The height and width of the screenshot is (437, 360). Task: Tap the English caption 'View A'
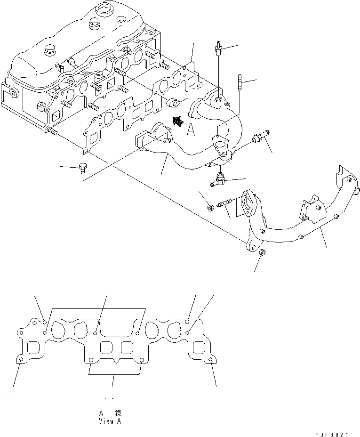pos(110,421)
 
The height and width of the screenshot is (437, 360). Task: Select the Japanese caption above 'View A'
pos(110,413)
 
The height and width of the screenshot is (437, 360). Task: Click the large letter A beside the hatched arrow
pos(191,130)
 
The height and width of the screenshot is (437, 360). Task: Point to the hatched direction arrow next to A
pos(178,121)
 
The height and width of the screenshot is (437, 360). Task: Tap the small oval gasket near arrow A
pos(175,102)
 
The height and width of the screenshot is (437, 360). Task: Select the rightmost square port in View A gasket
pos(198,348)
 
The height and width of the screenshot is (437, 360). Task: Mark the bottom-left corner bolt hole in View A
pos(22,361)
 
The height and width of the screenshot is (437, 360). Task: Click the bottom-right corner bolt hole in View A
pos(210,361)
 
